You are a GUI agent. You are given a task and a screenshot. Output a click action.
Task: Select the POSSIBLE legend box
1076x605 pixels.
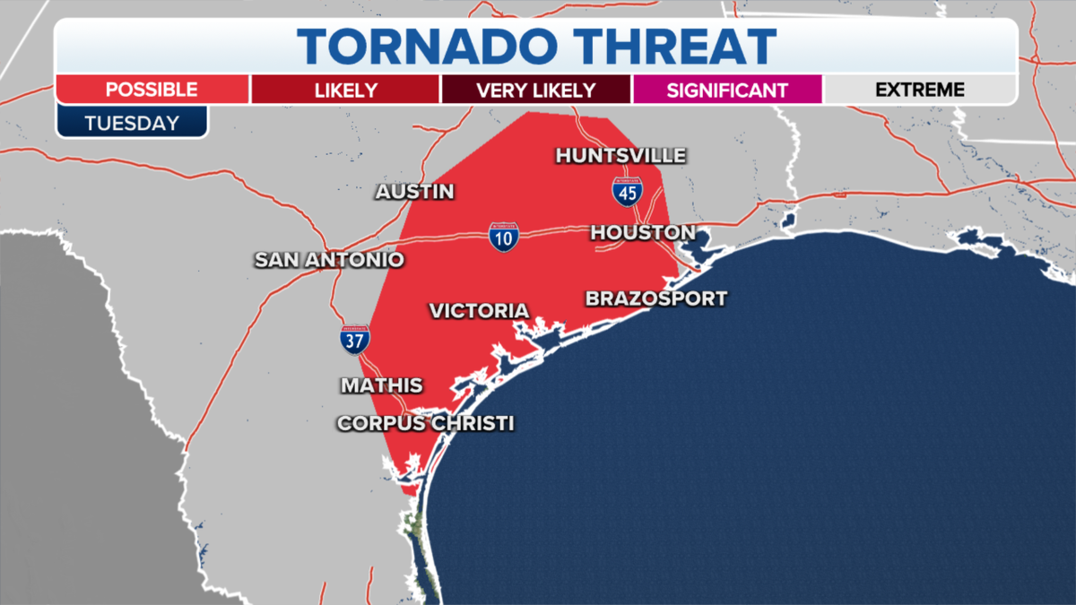tap(152, 90)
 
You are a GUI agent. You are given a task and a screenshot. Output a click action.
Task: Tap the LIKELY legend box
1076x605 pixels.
tap(345, 91)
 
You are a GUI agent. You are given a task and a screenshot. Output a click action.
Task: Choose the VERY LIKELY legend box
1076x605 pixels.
tap(535, 91)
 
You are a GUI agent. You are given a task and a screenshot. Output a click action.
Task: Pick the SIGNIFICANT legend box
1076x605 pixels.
tap(727, 91)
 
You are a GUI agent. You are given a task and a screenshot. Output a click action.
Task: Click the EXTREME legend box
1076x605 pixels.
tap(919, 90)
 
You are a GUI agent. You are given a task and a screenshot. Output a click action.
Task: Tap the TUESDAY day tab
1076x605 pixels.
tap(132, 123)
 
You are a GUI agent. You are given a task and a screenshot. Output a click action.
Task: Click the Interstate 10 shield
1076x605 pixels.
tap(503, 237)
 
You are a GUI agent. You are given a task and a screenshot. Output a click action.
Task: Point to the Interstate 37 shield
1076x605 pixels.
tap(355, 340)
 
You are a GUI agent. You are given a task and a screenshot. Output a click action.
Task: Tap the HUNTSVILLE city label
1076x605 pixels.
tap(620, 156)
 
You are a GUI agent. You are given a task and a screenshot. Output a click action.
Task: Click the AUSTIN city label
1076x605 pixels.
tap(414, 192)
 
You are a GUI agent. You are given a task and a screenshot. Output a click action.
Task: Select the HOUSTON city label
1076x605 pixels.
tap(642, 233)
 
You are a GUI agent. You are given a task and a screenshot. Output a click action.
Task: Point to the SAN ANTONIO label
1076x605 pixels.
tap(329, 260)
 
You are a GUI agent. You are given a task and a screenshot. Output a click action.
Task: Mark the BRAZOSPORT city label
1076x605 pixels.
tap(655, 298)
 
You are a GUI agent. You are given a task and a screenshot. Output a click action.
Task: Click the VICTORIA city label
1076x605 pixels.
tap(479, 311)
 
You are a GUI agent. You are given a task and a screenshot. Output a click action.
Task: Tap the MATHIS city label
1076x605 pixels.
tap(381, 385)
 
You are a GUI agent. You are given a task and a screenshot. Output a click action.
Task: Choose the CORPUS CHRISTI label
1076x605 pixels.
tap(425, 423)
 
